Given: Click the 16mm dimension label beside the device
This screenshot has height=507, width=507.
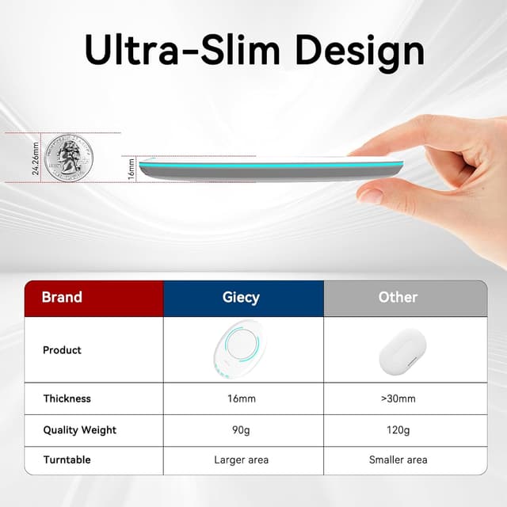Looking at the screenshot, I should pos(132,168).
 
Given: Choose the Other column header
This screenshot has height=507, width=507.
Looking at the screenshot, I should pos(398,298).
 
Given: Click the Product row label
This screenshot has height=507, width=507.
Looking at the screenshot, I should pos(62,350).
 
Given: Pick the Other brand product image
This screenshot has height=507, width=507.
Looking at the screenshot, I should pos(398,350).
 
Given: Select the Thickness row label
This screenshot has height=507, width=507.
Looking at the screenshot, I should pos(67,398).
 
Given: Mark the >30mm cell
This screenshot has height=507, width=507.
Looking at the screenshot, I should pos(398,398).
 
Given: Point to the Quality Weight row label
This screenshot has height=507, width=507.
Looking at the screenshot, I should pos(79,430).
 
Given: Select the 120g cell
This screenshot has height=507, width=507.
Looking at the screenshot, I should pos(398,430).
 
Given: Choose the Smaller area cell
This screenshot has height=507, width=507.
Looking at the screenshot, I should pos(398,459).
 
